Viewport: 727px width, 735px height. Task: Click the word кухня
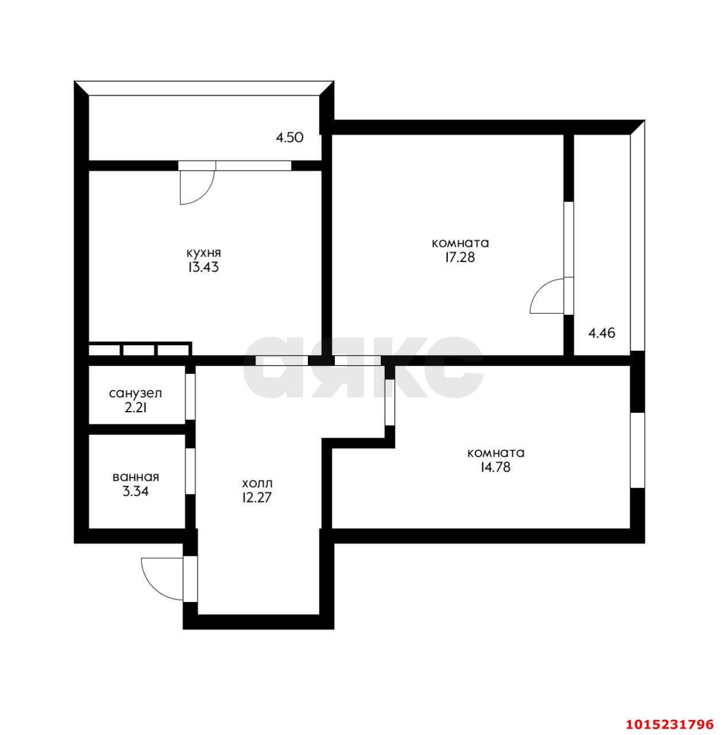[x=203, y=253]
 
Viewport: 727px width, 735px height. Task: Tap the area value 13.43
[x=203, y=268]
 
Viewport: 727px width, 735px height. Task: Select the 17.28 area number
[x=459, y=257]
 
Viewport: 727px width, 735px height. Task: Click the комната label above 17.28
[x=459, y=243]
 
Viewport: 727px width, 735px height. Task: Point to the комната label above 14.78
[x=496, y=452]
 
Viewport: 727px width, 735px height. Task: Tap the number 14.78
[x=496, y=467]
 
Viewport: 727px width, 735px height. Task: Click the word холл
[x=257, y=483]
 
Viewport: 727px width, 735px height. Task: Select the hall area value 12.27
[x=257, y=497]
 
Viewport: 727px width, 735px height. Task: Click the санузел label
[x=136, y=393]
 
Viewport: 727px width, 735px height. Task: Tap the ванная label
[x=136, y=477]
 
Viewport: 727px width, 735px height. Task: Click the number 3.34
[x=136, y=492]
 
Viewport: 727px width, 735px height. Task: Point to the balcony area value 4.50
[x=289, y=138]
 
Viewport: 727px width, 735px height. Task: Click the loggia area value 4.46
[x=602, y=332]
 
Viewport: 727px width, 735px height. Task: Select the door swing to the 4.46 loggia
[x=546, y=296]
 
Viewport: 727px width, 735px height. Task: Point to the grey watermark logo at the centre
[x=363, y=367]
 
